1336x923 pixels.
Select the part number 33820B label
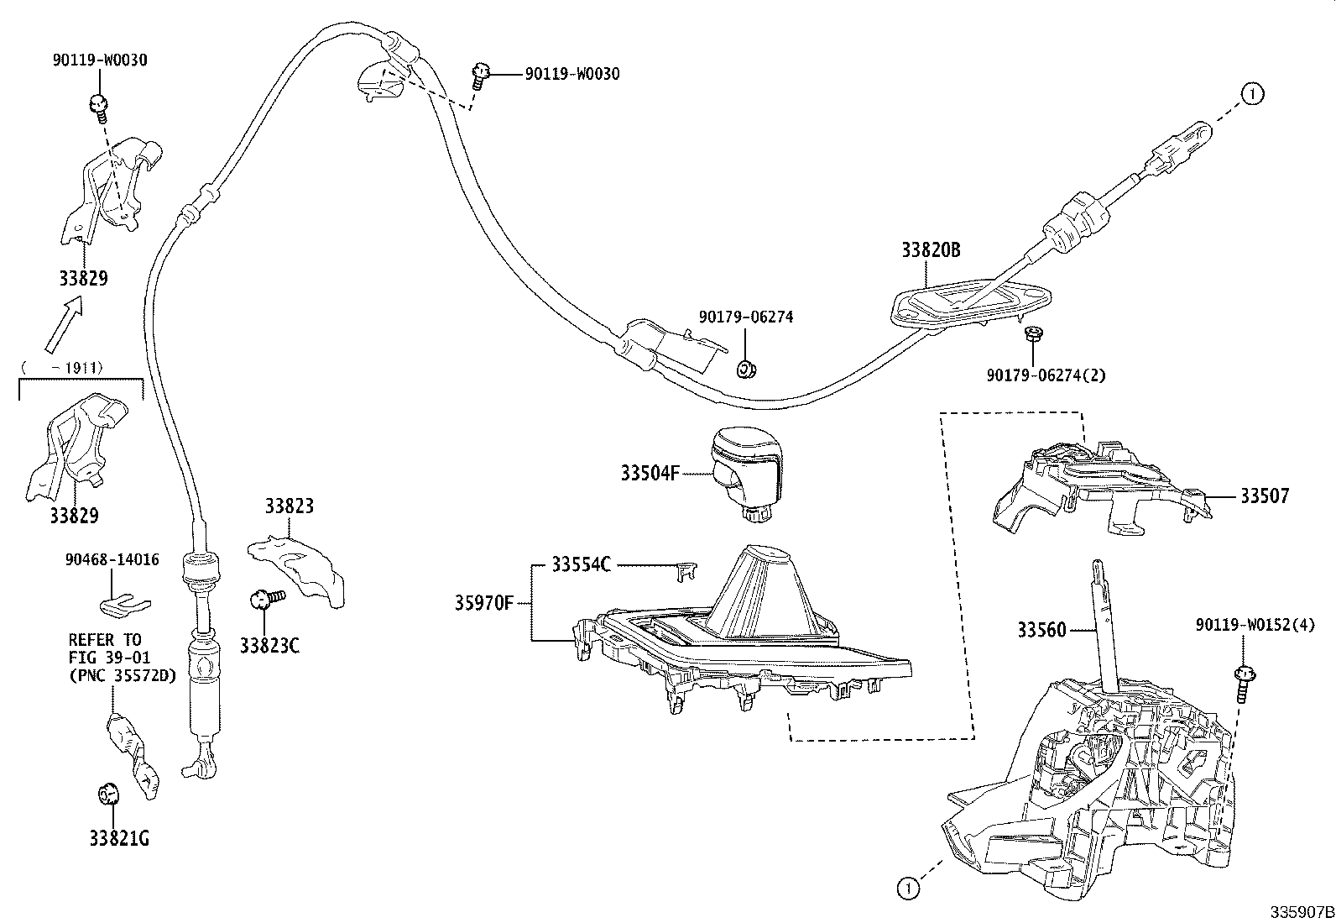coord(931,250)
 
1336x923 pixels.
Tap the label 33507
coord(1265,496)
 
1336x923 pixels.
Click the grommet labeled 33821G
coord(108,792)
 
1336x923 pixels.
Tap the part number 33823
coord(290,506)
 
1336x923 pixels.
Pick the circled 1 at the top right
coord(1251,94)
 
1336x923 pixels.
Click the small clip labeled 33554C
coord(684,570)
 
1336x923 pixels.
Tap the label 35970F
coord(486,602)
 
